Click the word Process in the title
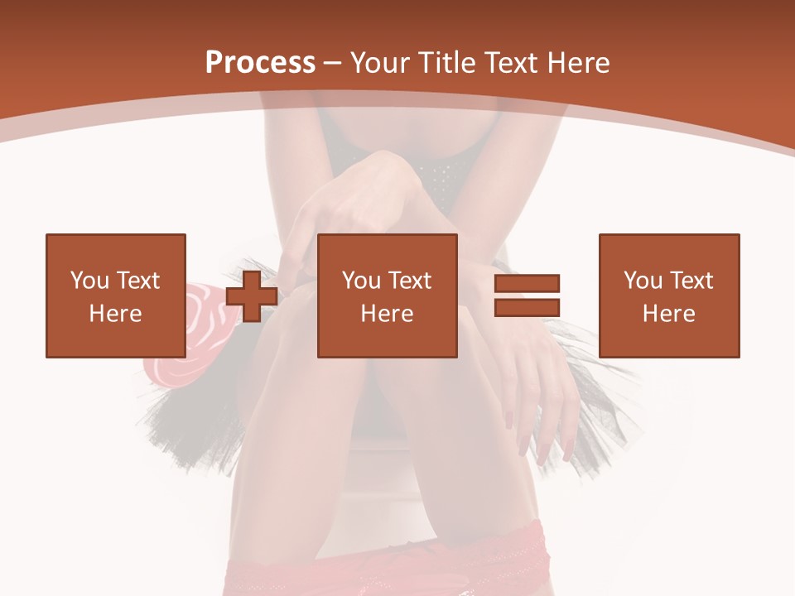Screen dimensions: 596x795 point(260,63)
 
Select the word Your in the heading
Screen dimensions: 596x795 point(380,63)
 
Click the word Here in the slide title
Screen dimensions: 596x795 point(580,63)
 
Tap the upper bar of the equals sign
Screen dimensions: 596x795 point(527,283)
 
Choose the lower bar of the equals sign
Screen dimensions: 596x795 point(527,308)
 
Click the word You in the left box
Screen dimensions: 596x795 point(89,281)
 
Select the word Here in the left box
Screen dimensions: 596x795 point(115,314)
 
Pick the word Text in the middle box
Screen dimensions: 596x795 point(409,281)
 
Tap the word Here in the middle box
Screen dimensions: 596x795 point(387,314)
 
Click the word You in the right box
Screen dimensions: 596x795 point(643,281)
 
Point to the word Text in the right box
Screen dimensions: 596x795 point(691,281)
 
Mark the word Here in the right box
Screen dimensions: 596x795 point(668,314)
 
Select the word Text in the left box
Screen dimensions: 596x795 point(137,281)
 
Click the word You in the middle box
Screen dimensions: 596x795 point(361,281)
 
